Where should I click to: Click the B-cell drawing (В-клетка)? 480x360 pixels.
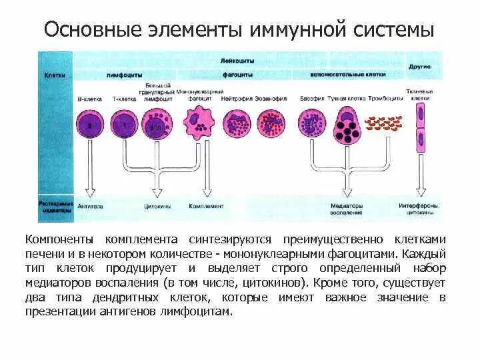coord(89,125)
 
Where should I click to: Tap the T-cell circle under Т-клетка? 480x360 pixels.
coord(124,125)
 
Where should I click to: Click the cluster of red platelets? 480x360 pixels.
coord(383,123)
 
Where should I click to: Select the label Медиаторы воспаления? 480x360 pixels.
coord(347,209)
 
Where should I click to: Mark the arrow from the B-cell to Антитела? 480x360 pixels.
coord(89,173)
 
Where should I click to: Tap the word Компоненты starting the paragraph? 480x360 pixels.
coord(59,239)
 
